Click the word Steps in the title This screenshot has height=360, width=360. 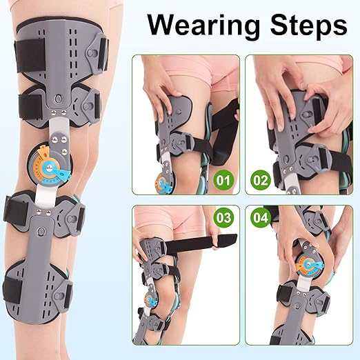(x=309, y=26)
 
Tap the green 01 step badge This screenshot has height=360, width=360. (x=223, y=181)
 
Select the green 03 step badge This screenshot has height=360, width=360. (x=224, y=218)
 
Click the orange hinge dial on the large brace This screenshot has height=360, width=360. (x=50, y=165)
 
